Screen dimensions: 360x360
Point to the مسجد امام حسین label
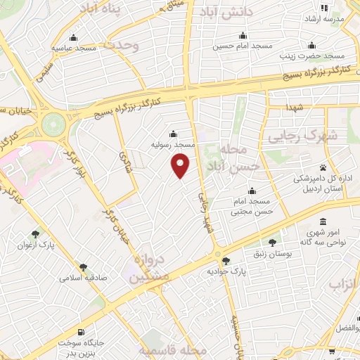click(243, 46)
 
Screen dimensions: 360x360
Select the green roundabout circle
click(52, 125)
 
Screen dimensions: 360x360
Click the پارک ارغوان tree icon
click(35, 234)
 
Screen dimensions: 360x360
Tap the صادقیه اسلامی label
click(86, 277)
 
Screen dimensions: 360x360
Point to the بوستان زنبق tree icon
click(272, 243)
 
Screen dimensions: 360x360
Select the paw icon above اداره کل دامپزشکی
click(323, 167)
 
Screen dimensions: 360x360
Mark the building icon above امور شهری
click(323, 221)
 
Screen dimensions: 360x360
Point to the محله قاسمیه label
click(173, 349)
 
